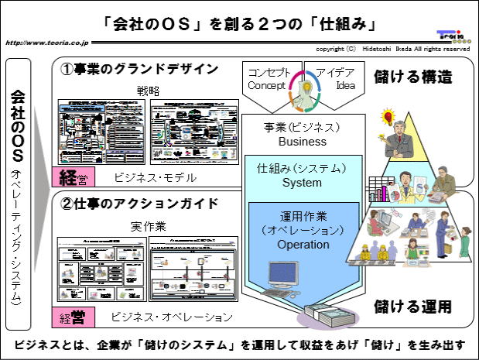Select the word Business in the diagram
[x=303, y=142]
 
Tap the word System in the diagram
[x=302, y=183]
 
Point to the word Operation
[x=302, y=245]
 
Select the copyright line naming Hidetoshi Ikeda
[x=392, y=49]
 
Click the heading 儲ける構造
[x=413, y=77]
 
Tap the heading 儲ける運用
[x=413, y=306]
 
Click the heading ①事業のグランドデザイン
[x=139, y=69]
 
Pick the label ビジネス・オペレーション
[x=171, y=317]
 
